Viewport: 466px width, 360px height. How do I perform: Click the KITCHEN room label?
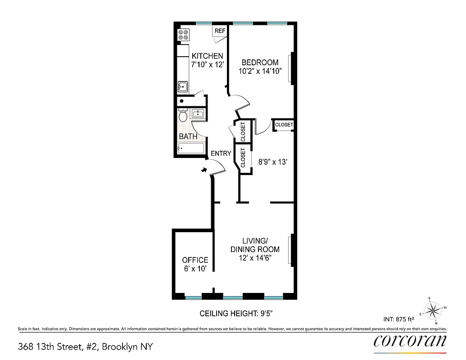coord(208,56)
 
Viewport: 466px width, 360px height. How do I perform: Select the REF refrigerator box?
coord(220,31)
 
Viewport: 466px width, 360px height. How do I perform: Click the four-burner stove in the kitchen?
coord(183,35)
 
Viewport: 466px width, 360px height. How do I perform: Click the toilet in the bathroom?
coord(182,116)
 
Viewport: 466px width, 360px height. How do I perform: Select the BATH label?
coord(188,136)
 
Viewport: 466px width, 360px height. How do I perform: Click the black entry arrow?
coord(204,170)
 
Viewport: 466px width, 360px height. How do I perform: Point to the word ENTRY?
coord(221,153)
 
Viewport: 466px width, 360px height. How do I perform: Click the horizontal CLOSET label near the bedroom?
coord(284,125)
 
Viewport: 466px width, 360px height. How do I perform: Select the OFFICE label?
coord(195,260)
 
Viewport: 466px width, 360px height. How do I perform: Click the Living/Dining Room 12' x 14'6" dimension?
coord(255,258)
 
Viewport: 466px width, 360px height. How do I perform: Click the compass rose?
coord(434,310)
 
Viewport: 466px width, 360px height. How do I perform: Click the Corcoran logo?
coord(410,341)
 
